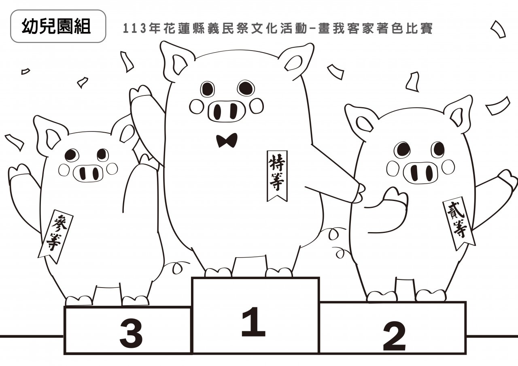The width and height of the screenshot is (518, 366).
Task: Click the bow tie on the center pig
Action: [x=227, y=140]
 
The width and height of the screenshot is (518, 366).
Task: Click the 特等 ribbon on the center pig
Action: [x=277, y=176]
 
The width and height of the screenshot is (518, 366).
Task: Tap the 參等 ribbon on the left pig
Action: [x=55, y=237]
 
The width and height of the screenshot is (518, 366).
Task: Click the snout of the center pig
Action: [x=226, y=111]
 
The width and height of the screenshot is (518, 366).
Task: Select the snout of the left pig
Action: [x=88, y=173]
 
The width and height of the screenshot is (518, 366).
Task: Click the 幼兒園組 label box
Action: [x=58, y=26]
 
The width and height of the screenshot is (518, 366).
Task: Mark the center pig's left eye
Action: [x=208, y=89]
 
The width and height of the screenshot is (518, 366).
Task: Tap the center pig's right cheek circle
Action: [x=257, y=106]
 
